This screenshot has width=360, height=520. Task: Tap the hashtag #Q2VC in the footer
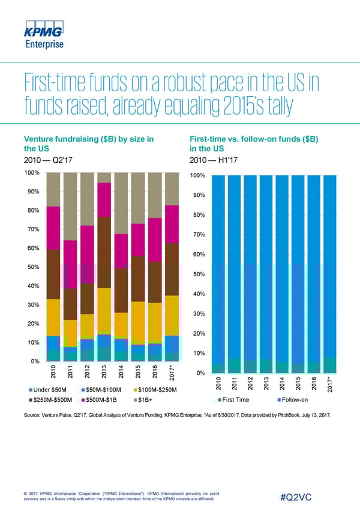point(298,497)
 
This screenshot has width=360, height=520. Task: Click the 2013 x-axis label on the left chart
point(104,371)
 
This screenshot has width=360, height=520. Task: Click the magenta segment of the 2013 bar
point(104,199)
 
